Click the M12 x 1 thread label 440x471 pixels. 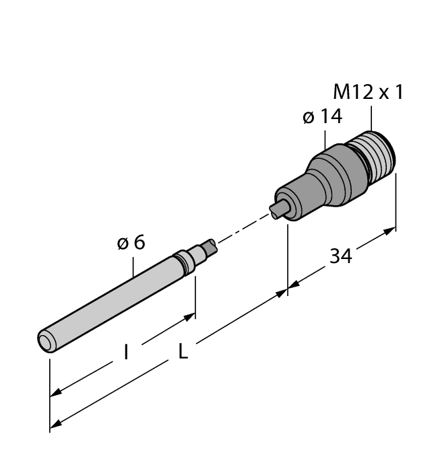369,92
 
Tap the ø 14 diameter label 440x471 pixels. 322,116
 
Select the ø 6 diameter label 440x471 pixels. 131,243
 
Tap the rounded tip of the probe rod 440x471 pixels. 46,342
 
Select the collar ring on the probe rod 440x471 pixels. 183,262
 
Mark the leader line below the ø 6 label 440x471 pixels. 133,266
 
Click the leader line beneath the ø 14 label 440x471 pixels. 326,138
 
